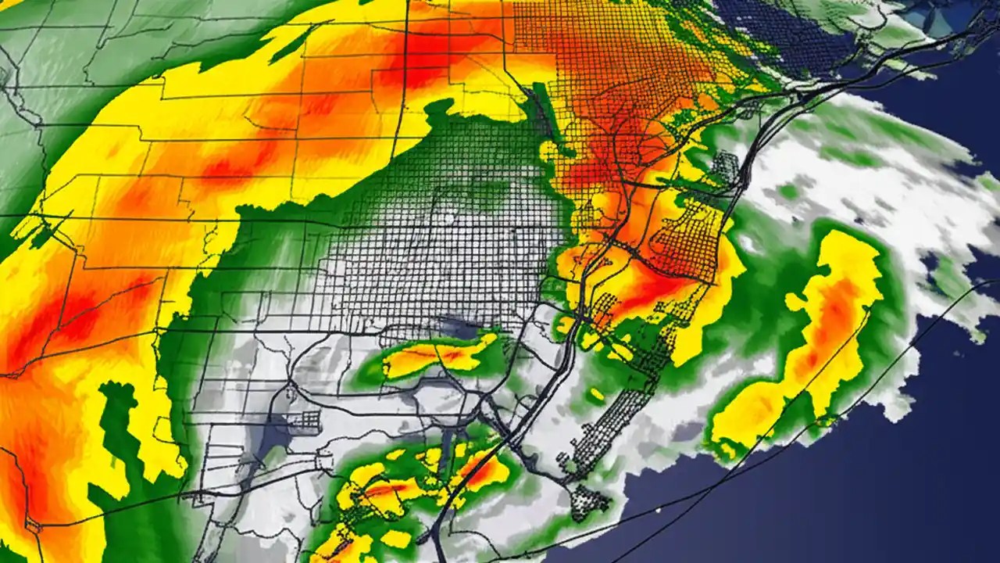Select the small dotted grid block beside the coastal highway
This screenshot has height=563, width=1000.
(726, 169)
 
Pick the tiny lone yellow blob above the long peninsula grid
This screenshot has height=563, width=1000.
(597, 395)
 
